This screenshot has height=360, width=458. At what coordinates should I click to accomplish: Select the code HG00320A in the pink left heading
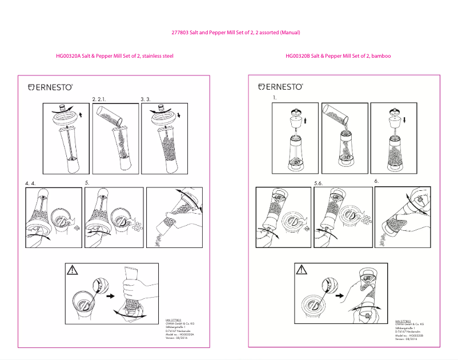tap(68, 56)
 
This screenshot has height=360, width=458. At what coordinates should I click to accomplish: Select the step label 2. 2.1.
tap(101, 99)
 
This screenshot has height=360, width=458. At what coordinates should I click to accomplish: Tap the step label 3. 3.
tap(146, 99)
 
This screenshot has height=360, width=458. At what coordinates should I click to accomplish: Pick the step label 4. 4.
tap(30, 183)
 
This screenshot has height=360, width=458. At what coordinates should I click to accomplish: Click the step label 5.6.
tap(319, 183)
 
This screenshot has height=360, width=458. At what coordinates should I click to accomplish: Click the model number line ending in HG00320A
tap(180, 334)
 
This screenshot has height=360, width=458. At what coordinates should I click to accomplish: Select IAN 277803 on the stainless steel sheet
tap(173, 320)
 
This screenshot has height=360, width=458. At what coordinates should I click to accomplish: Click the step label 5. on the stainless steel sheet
tap(87, 183)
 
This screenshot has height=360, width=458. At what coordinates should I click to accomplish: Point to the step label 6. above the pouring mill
tap(377, 181)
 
